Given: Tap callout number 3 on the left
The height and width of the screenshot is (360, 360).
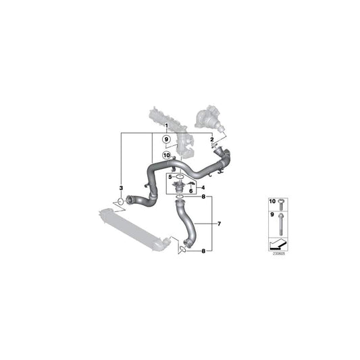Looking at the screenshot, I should point(121,186).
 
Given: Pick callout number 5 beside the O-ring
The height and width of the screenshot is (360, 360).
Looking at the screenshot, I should point(171,176).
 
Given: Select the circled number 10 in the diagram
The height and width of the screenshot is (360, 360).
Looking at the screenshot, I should point(166,155).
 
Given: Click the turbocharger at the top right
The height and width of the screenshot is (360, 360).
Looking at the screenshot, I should point(210,116).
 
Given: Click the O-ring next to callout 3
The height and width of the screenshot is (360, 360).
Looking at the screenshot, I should point(121,201).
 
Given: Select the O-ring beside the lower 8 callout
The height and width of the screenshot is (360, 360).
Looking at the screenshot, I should point(181,251).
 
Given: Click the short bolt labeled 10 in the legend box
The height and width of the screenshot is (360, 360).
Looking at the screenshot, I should point(280,203).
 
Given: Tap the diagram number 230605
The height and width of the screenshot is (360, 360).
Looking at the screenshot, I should point(279,254).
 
